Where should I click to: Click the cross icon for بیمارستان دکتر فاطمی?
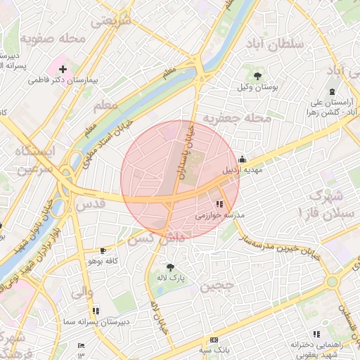click(64, 69)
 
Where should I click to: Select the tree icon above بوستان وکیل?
click(258, 75)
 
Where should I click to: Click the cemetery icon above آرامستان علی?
click(332, 91)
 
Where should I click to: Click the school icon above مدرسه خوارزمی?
click(220, 204)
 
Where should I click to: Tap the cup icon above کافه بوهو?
click(103, 250)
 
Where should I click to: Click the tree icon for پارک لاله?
click(169, 266)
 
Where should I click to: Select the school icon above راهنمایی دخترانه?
click(316, 334)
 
